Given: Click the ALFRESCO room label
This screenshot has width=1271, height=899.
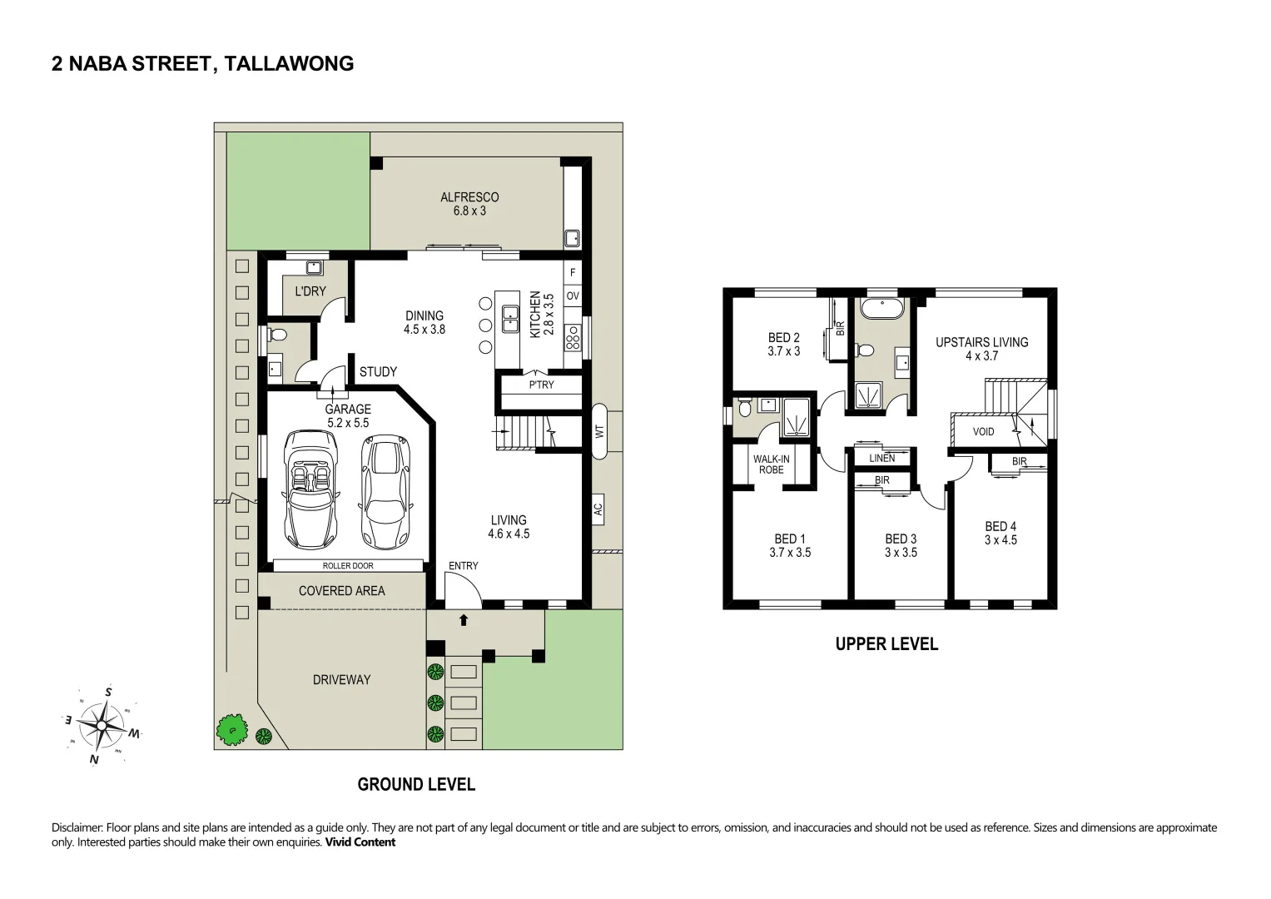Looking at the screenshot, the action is [x=469, y=197].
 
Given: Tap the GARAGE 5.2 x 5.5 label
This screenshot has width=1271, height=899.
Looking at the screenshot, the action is [x=348, y=416].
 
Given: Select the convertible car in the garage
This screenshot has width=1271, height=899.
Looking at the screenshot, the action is [x=310, y=489].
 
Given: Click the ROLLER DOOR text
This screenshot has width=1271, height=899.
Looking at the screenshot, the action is [x=348, y=566].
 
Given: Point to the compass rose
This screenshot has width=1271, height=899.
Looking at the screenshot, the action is [x=101, y=725].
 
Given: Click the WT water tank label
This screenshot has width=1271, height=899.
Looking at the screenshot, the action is [x=599, y=431].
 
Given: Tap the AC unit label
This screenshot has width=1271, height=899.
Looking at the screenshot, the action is [x=598, y=509].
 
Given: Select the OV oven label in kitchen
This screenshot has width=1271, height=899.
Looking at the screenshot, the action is [x=573, y=296].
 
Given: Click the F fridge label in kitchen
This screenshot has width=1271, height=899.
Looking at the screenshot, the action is [x=573, y=272].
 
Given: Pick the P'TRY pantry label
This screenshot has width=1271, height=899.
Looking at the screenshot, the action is [x=541, y=385].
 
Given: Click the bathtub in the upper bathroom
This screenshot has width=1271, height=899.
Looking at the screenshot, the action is [x=881, y=309].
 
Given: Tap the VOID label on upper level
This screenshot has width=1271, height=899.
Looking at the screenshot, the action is [x=983, y=431].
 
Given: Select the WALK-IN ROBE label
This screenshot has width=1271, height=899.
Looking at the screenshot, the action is [x=771, y=464].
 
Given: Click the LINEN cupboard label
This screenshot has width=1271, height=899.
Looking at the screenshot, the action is [x=881, y=458].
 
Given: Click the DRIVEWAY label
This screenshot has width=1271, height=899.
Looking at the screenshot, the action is [x=341, y=679].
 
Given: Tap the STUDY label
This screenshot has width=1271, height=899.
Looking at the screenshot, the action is [x=378, y=372].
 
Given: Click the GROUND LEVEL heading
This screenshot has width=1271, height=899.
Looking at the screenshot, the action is [x=416, y=784].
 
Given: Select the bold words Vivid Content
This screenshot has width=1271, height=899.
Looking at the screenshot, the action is [x=360, y=842].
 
